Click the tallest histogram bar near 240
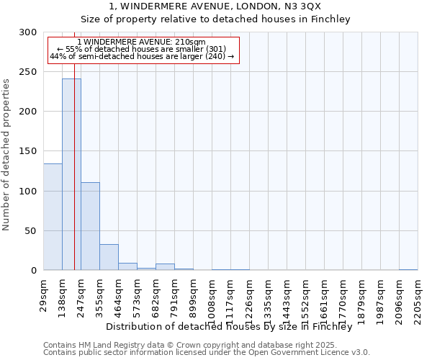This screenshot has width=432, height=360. pos(71,174)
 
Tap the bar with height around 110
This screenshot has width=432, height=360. pos(90,226)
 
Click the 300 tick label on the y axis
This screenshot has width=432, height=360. pos(28,32)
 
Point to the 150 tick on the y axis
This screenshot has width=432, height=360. pos(28,151)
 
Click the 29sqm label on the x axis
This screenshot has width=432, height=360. pos(43,295)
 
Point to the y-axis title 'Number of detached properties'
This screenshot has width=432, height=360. pos(6,155)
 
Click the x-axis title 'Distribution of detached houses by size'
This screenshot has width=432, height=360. pos(228,326)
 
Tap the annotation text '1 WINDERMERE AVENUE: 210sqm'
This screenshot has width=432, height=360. pos(141,42)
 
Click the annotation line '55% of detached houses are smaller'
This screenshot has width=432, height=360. pos(141,49)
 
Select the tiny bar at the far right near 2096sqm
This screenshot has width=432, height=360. pos(408,269)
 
